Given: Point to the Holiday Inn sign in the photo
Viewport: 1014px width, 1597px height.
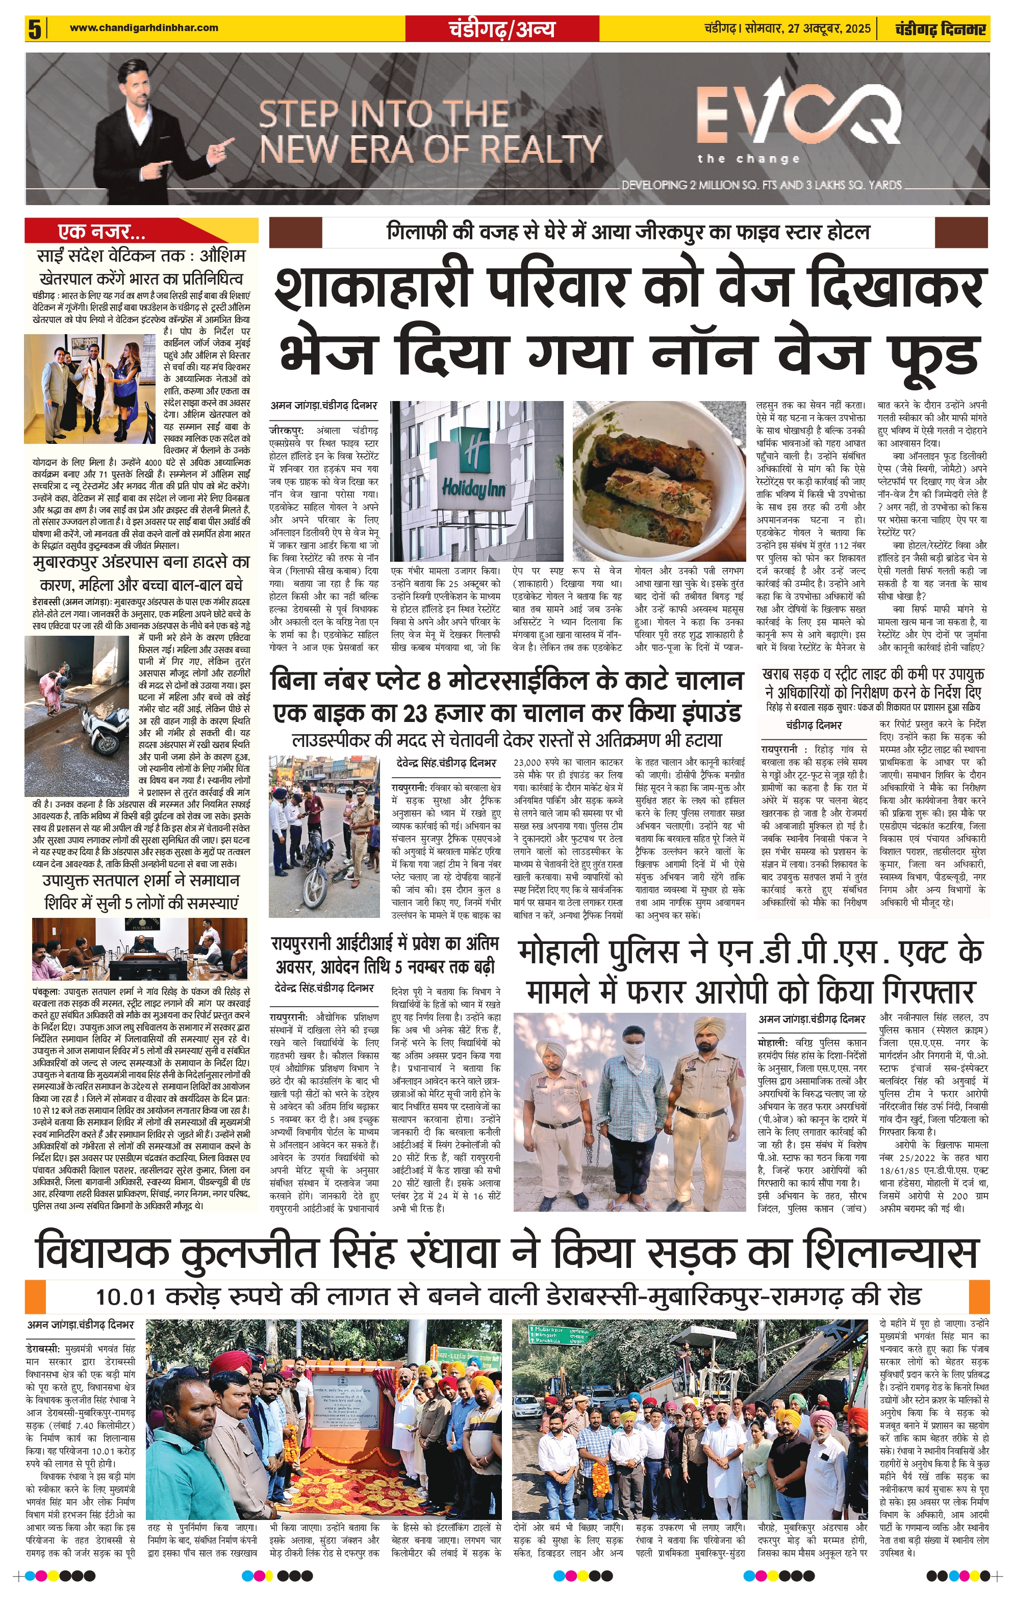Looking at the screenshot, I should click(473, 467).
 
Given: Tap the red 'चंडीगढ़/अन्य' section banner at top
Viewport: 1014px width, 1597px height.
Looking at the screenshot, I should click(501, 29).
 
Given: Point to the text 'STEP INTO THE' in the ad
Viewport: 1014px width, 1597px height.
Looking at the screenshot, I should click(384, 114).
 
